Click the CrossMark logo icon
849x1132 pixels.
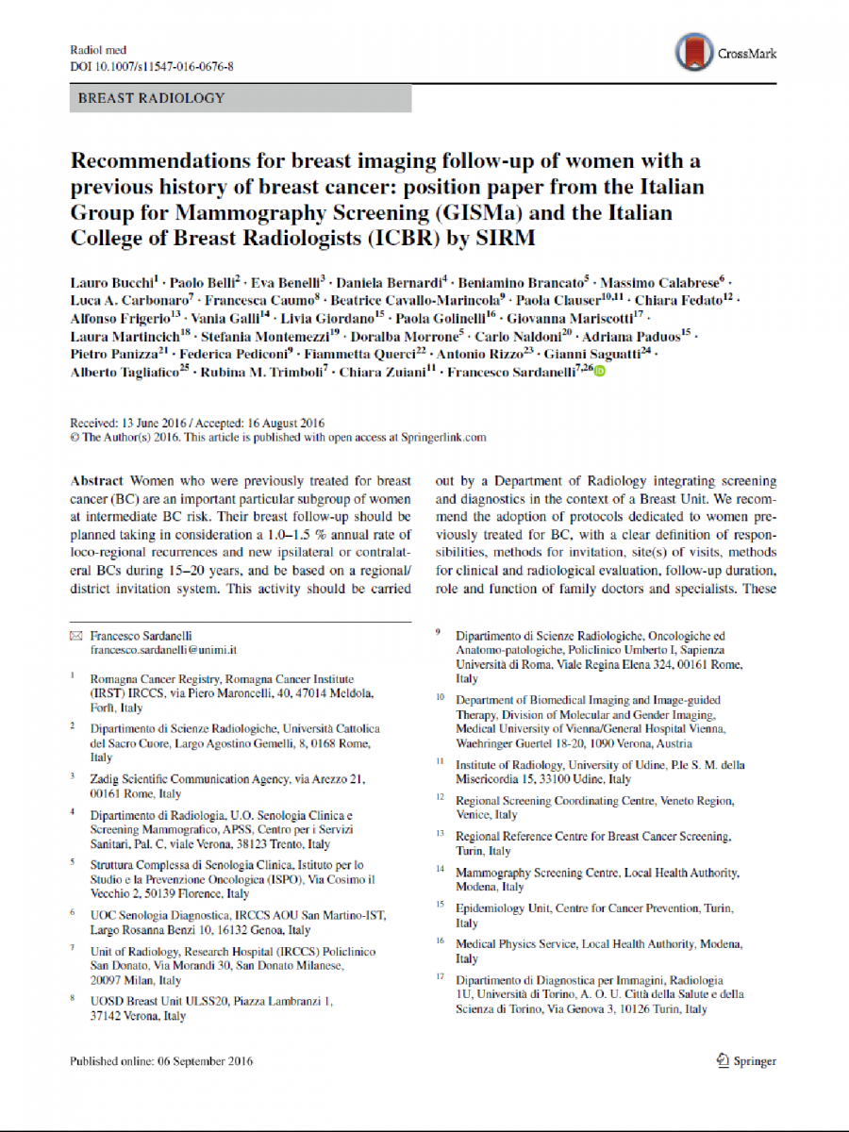694,54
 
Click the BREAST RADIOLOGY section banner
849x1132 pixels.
151,98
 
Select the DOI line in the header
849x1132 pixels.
152,67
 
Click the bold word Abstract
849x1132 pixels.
97,481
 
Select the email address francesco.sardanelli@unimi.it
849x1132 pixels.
163,651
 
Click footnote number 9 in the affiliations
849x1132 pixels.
438,634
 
